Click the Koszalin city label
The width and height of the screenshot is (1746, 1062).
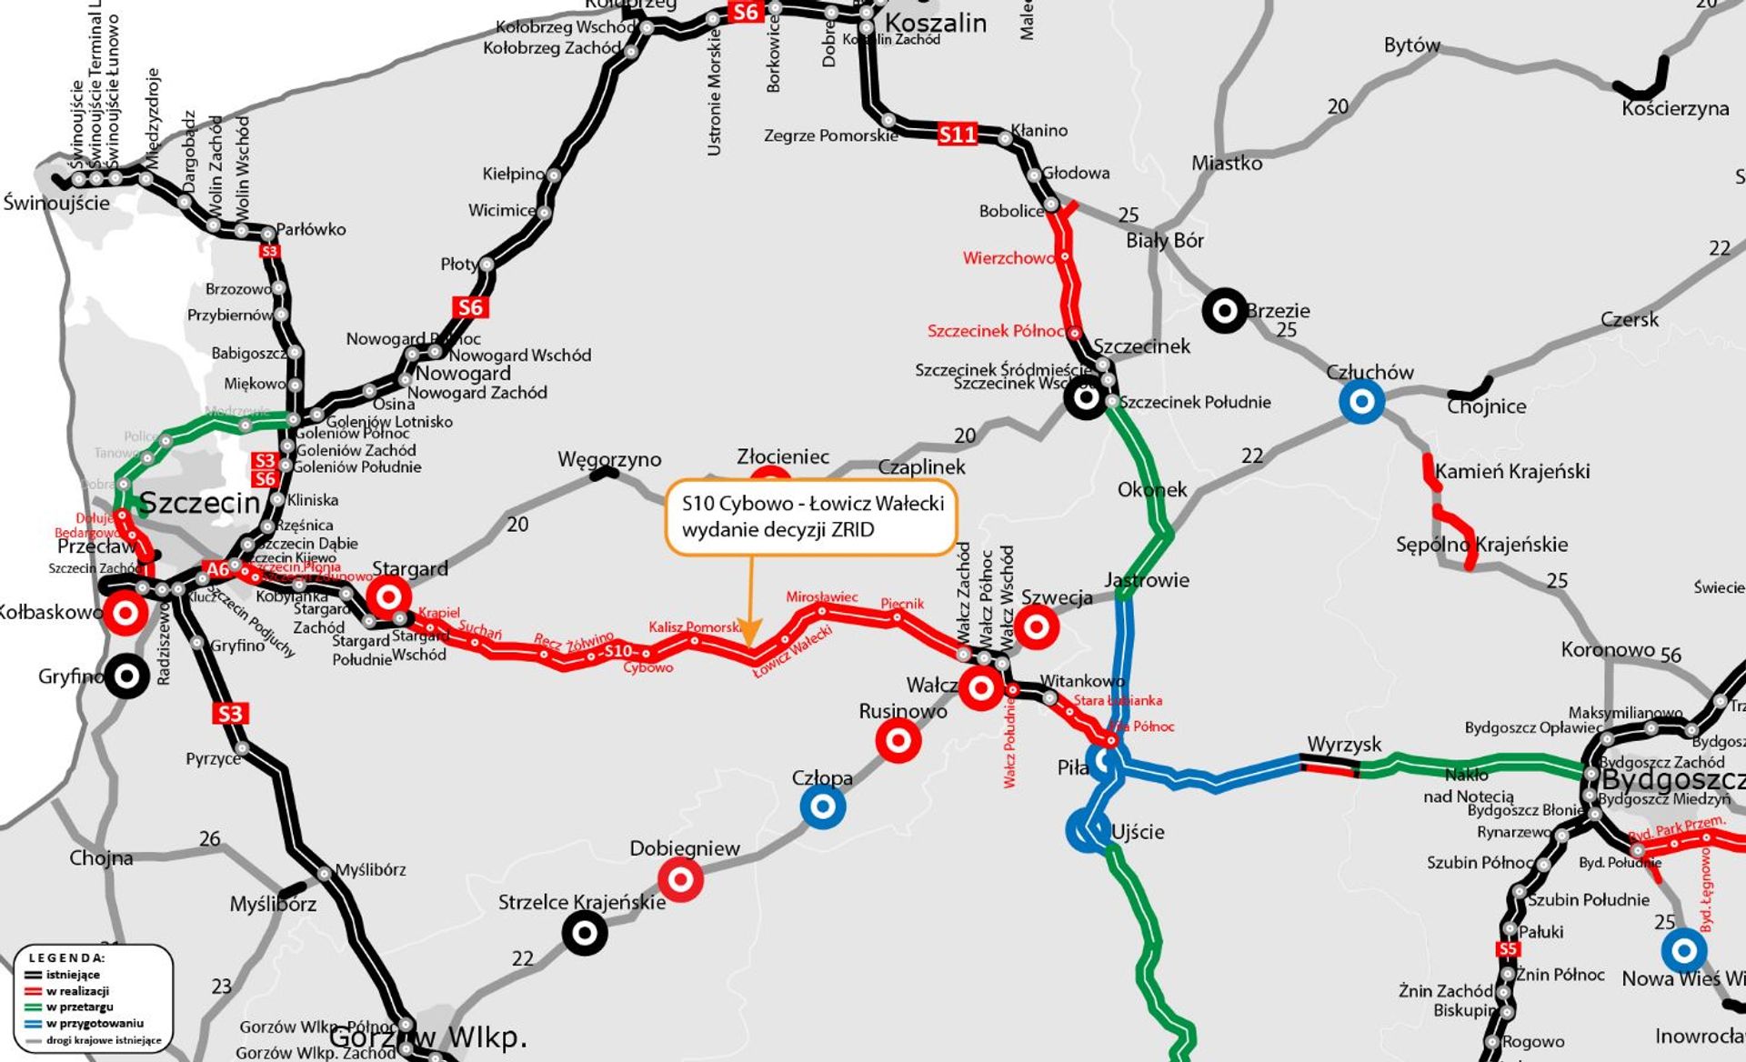[x=935, y=23]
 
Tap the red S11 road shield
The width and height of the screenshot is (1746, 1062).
[x=957, y=135]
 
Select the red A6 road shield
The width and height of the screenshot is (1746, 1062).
[x=217, y=570]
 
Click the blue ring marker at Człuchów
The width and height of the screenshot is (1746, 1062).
[x=1361, y=401]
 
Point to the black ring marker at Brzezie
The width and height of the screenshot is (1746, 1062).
[x=1224, y=311]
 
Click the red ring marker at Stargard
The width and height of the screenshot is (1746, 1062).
[x=388, y=597]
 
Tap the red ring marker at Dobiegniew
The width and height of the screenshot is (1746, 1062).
[x=680, y=879]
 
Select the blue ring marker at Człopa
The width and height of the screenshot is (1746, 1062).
[x=822, y=807]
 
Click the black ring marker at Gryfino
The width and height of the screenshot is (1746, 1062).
[x=127, y=676]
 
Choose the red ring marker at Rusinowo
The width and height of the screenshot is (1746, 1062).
[x=898, y=741]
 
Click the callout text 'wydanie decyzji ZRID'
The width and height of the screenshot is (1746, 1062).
[x=778, y=529]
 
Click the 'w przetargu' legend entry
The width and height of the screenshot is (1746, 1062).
[x=80, y=1007]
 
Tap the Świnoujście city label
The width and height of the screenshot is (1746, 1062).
[x=56, y=203]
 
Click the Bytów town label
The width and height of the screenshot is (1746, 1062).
[x=1411, y=45]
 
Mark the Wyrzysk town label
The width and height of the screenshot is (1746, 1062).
[x=1344, y=745]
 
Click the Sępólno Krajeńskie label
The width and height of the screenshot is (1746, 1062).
[x=1481, y=545]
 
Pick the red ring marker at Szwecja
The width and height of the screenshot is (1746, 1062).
[x=1036, y=626]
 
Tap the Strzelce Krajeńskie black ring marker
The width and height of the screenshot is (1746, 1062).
[x=585, y=932]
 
